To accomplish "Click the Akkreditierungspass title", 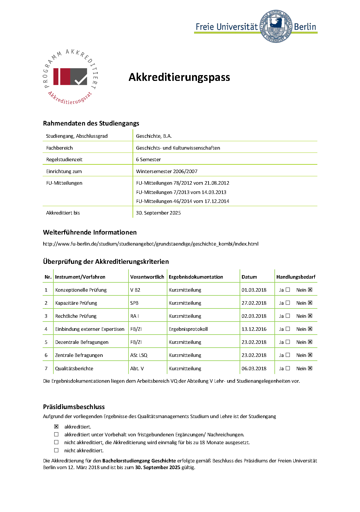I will [179, 77].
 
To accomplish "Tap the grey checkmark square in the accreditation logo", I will [79, 77].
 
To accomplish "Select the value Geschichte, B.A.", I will [154, 136].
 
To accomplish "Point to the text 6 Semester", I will [148, 159].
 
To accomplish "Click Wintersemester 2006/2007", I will [167, 171].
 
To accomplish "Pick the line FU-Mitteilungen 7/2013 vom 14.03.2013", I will [181, 192].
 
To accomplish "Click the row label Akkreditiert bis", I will [63, 213].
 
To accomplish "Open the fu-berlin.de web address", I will [151, 244].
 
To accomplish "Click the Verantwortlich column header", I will [147, 277].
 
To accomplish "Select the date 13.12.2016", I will [254, 329].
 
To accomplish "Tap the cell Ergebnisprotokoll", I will [188, 329].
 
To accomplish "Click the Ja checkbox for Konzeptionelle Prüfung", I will [288, 290].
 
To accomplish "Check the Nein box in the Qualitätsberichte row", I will [310, 368].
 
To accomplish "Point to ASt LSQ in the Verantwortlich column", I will [139, 355].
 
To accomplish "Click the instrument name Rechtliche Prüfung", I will [76, 316].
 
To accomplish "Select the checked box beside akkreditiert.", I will [56, 426].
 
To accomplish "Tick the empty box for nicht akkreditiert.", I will [56, 450].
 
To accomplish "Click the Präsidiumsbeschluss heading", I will [74, 407].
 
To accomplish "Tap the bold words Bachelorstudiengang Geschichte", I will [139, 461].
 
